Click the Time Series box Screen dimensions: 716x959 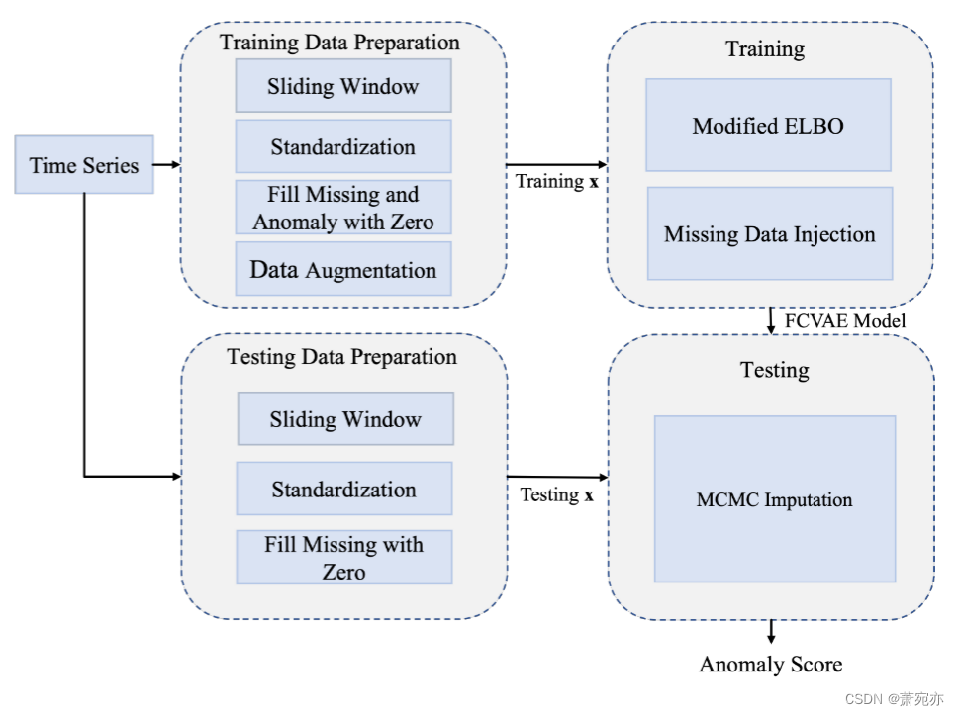pyautogui.click(x=84, y=165)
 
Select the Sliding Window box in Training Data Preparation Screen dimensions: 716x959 pyautogui.click(x=342, y=86)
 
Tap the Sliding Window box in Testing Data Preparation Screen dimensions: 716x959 pyautogui.click(x=345, y=419)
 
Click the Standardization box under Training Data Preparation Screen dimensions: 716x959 pyautogui.click(x=342, y=147)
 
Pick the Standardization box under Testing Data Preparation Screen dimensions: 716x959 pyautogui.click(x=344, y=490)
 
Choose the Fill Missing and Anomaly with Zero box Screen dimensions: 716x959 pyautogui.click(x=342, y=208)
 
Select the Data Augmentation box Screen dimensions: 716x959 pyautogui.click(x=342, y=270)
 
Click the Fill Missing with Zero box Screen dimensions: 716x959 pyautogui.click(x=343, y=558)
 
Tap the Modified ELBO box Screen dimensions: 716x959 pyautogui.click(x=768, y=126)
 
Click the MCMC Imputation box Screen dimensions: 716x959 pyautogui.click(x=774, y=499)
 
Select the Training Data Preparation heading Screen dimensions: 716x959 pyautogui.click(x=339, y=43)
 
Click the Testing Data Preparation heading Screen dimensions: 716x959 pyautogui.click(x=342, y=357)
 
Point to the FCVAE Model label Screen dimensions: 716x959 pyautogui.click(x=844, y=321)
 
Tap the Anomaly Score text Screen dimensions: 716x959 pyautogui.click(x=771, y=665)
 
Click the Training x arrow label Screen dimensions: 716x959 pyautogui.click(x=556, y=182)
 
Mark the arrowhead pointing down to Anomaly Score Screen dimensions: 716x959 pyautogui.click(x=771, y=638)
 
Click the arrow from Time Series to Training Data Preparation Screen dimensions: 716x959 pyautogui.click(x=167, y=165)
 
